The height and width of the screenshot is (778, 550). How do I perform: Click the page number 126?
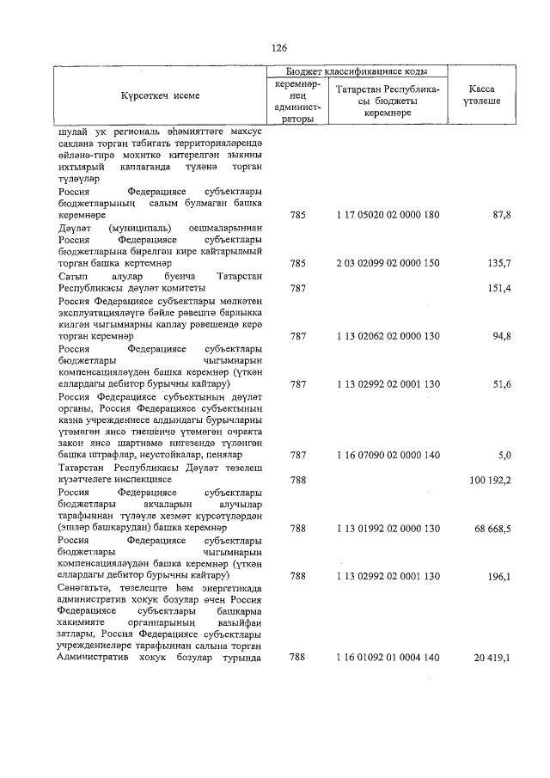(278, 48)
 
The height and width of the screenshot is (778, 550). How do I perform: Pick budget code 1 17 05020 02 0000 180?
(388, 213)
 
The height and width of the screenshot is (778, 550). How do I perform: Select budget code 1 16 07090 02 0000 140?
(388, 453)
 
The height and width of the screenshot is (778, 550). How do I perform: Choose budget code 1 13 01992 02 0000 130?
(388, 528)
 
